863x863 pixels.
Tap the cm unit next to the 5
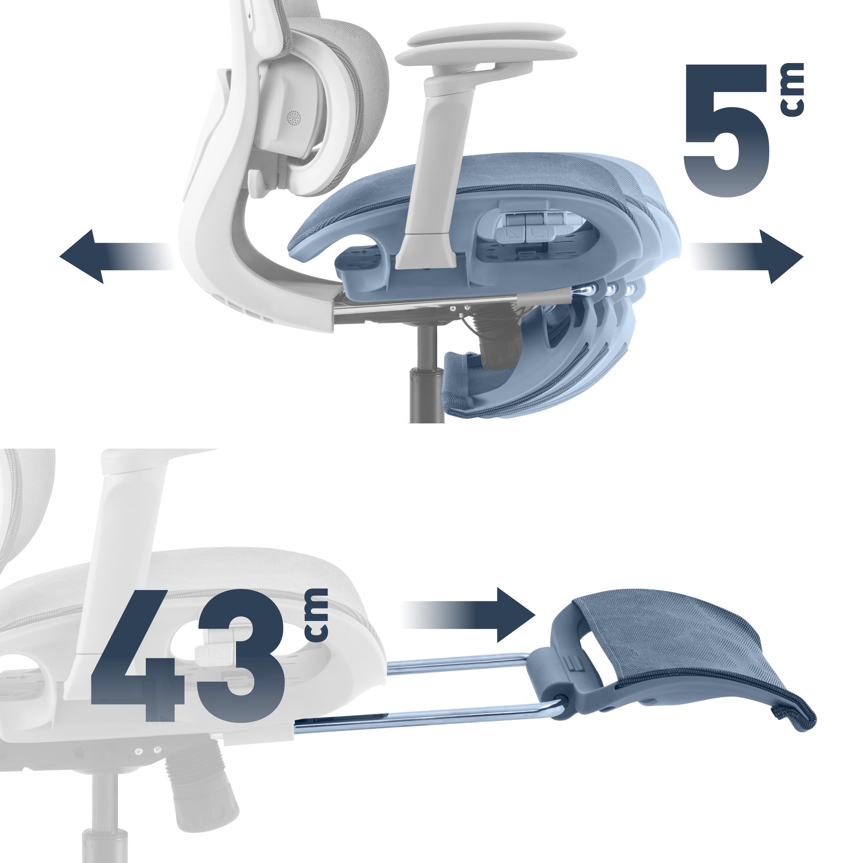(793, 89)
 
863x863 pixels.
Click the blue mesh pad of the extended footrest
(697, 657)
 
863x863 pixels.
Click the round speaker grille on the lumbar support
(294, 118)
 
